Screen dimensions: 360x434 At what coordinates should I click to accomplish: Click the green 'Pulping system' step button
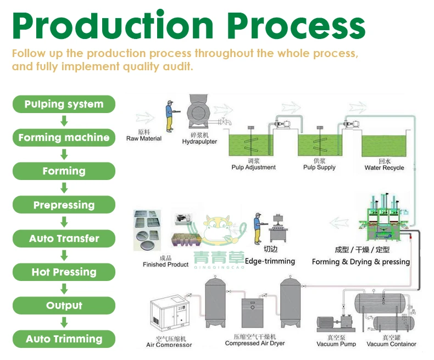point(64,104)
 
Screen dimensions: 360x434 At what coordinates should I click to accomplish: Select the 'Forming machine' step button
point(64,138)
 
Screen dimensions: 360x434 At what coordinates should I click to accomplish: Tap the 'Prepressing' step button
point(64,205)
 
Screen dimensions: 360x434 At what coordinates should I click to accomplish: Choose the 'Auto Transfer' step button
point(64,239)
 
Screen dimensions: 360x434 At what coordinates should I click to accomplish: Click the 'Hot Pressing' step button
point(64,272)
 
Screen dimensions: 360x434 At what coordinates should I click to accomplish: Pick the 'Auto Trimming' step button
point(64,339)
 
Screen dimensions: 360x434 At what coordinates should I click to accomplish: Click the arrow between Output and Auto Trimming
point(64,322)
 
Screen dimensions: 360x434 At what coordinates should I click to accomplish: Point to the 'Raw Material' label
point(144,138)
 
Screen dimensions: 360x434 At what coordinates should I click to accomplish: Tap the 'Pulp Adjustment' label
point(253,167)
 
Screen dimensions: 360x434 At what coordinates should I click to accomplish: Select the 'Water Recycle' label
point(384,167)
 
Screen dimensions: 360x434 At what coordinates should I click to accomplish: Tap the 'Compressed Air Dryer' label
point(254,344)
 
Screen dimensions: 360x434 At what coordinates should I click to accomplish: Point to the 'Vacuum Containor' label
point(391,344)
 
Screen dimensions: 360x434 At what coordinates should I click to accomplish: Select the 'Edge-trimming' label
point(270,261)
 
